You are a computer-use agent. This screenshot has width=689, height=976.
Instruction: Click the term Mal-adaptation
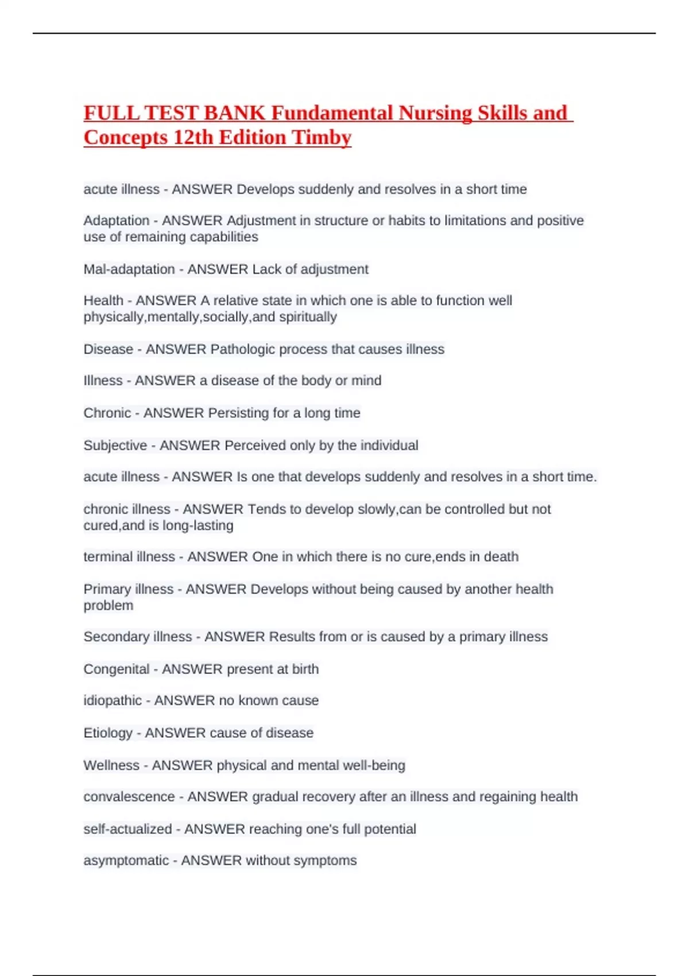(129, 269)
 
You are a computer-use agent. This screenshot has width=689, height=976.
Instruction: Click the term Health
(103, 300)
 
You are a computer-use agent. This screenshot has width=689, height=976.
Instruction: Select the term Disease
(108, 349)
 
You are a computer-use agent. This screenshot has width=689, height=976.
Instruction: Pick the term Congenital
(117, 669)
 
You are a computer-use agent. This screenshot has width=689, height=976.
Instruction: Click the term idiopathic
(113, 700)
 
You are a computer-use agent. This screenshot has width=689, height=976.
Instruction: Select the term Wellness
(111, 765)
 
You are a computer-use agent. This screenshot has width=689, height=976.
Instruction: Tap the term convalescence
(129, 797)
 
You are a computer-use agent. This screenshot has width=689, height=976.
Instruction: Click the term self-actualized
(127, 829)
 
